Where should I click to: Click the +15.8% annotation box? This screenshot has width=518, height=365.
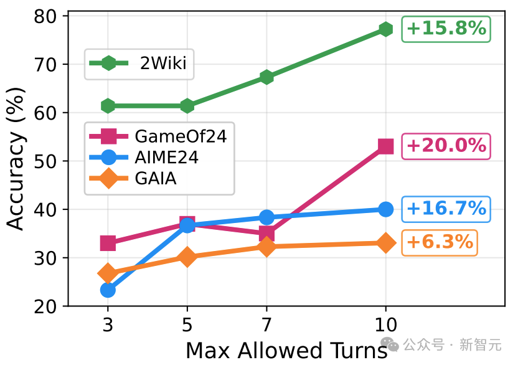[446, 29]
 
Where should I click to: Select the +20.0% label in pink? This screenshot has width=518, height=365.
[446, 146]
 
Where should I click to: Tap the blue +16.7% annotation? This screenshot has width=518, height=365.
[446, 208]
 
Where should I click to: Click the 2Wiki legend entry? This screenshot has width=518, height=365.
[139, 63]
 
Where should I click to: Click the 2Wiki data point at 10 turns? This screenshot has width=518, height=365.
[385, 29]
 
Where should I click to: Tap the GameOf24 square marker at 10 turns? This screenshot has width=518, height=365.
[385, 146]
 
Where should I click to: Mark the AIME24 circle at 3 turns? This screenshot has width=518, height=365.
[108, 290]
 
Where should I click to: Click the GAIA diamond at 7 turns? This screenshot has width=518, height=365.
[266, 247]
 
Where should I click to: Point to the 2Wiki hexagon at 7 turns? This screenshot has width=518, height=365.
[266, 77]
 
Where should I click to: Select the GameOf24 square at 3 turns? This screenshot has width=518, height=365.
[108, 243]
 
